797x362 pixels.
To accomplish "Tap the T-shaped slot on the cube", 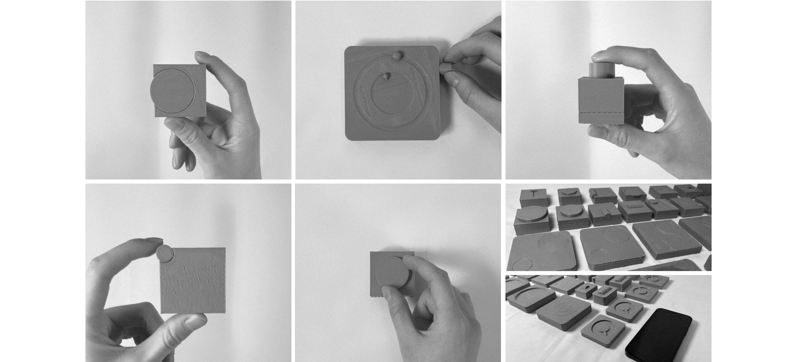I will (x=533, y=194).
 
